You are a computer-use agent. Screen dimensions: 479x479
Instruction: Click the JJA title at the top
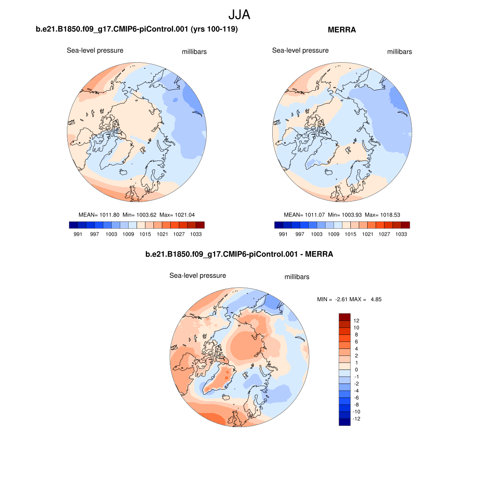pos(239,15)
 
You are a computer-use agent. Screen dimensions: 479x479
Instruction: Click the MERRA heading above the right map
pos(342,30)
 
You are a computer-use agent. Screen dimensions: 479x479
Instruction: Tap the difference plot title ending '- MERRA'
pos(239,254)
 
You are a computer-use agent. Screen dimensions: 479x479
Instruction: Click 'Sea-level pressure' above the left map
pos(95,51)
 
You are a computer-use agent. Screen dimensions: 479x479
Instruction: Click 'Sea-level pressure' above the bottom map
pos(197,276)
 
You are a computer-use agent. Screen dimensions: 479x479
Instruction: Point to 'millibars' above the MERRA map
pos(399,52)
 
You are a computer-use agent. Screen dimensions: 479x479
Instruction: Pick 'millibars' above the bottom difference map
pos(297,277)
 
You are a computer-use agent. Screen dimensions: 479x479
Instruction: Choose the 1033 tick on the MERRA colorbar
pos(401,234)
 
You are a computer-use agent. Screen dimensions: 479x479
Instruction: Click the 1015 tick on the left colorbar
pos(145,234)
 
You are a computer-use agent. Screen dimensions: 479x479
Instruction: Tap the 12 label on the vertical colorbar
pos(356,321)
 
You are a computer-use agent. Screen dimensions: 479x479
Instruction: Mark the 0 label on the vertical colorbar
pos(356,370)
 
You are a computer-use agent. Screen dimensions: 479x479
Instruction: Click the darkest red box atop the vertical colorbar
pos(344,317)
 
